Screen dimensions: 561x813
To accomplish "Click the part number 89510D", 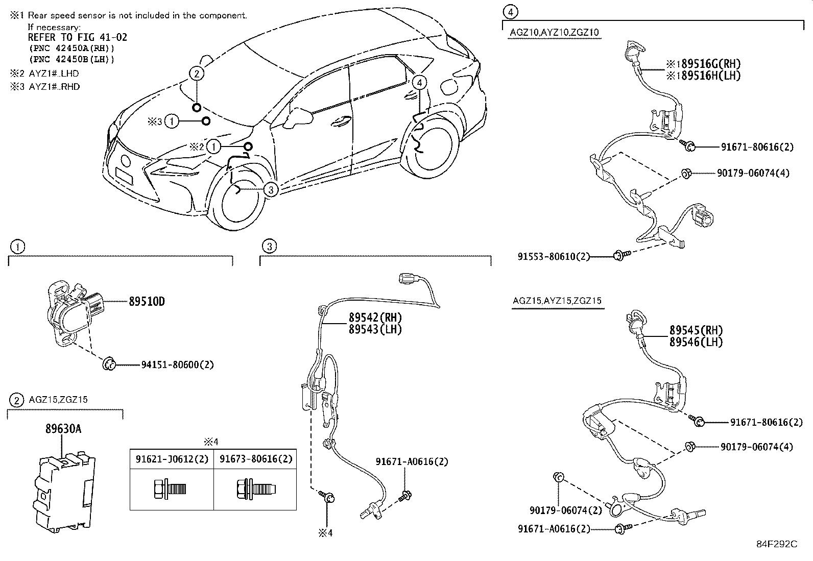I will click(x=147, y=301).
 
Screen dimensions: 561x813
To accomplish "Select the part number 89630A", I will click(x=63, y=429).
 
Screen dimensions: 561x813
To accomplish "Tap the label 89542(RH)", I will click(x=375, y=318).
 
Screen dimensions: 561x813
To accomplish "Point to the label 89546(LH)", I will click(x=696, y=342).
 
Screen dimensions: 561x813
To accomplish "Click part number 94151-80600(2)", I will click(x=177, y=364).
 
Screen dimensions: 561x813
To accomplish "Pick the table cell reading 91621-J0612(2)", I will click(x=172, y=459).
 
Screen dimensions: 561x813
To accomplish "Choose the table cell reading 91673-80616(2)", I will click(x=256, y=459).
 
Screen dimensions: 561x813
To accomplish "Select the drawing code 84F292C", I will click(x=776, y=544).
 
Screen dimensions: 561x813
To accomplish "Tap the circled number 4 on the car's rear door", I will click(x=419, y=82).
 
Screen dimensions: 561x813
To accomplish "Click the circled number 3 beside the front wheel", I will click(x=271, y=189).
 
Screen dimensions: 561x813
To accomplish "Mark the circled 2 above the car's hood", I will click(x=197, y=74).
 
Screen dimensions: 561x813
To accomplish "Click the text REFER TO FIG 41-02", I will click(x=77, y=37).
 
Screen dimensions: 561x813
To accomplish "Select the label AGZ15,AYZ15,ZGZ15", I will click(x=557, y=301).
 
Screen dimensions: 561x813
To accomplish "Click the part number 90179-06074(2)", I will click(x=566, y=509).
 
